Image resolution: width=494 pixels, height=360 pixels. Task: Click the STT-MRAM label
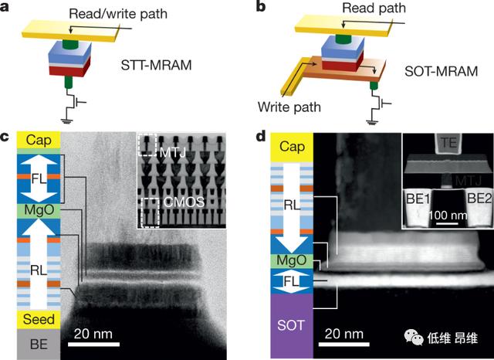point(156,65)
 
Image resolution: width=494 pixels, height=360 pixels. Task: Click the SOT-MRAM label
point(441,71)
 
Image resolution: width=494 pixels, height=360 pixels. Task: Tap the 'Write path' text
point(289,107)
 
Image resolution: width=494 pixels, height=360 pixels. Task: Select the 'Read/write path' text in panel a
point(118,14)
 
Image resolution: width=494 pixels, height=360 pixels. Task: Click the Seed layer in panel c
point(39,319)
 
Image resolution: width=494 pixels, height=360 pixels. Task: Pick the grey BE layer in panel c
point(39,344)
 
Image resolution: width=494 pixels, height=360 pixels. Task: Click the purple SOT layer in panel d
point(292,326)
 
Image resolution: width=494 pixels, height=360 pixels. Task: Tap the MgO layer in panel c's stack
point(39,211)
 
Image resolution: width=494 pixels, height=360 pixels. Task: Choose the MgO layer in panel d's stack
point(292,260)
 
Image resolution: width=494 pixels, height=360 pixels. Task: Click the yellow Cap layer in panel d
point(292,147)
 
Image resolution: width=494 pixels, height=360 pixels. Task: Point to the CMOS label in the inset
point(184,202)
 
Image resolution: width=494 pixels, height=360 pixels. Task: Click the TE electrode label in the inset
point(448,143)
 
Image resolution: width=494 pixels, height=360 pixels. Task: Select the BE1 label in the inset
point(418,199)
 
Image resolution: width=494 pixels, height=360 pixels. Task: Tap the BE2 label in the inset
point(479,199)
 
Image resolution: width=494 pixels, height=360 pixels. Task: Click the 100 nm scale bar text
point(448,216)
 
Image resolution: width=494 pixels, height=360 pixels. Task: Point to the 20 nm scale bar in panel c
point(93,345)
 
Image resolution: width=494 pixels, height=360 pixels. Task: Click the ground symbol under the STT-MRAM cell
point(66,121)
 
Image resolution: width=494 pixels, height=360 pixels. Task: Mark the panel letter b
point(261,7)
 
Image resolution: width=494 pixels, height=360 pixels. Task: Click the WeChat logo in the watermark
point(414,337)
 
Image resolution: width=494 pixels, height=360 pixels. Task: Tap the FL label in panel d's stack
point(292,281)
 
